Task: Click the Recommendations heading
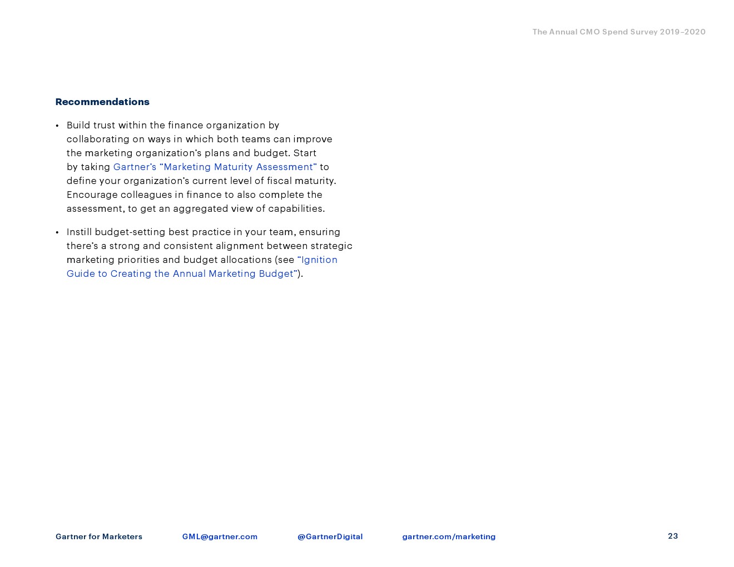102,102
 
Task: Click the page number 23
673,536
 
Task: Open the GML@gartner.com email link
220,536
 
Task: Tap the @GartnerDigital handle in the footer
330,536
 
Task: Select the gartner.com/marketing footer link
449,536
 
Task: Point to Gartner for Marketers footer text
99,536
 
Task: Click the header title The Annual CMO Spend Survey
594,32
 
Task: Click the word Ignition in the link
319,260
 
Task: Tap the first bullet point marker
57,126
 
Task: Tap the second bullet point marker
57,232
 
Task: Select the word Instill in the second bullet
79,232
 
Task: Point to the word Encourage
92,195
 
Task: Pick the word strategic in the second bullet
331,246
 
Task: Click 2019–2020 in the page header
682,32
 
